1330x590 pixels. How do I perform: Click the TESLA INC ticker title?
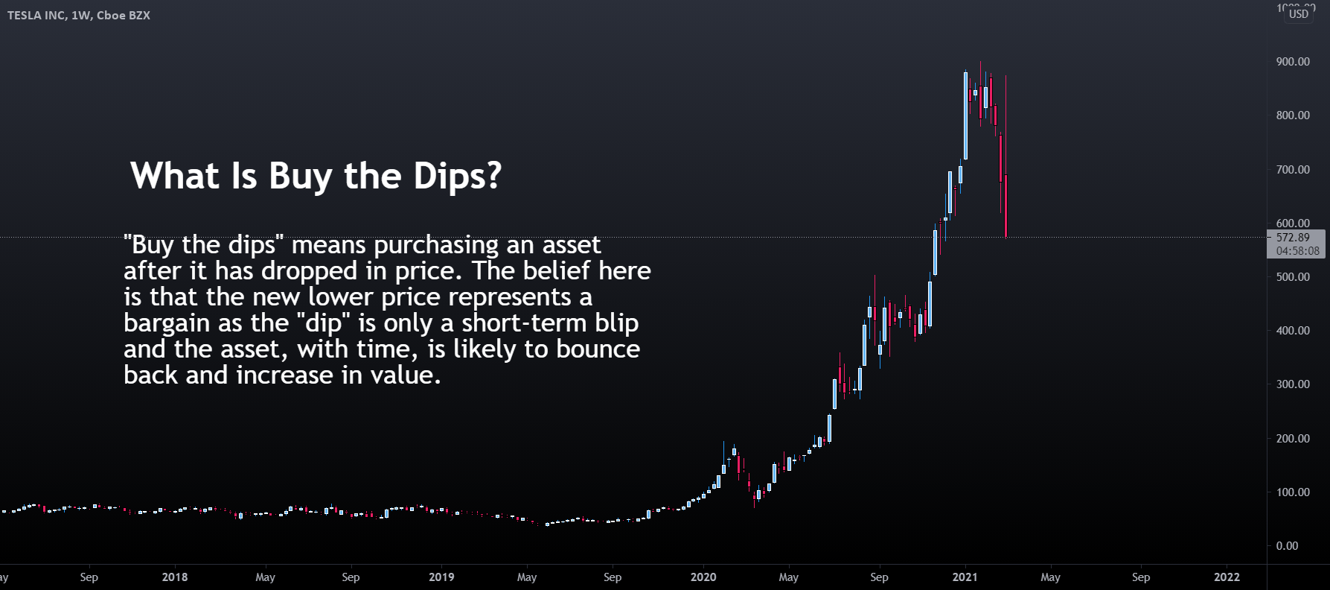79,15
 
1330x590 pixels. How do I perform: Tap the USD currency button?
1298,14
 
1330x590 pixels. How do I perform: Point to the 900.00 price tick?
1293,62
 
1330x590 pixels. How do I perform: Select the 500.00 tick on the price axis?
1293,277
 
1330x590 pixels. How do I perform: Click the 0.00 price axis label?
1287,546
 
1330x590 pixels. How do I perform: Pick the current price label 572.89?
1293,238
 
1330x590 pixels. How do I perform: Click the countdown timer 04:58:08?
1297,251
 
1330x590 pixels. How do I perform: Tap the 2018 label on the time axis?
175,577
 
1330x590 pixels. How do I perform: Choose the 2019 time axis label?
441,577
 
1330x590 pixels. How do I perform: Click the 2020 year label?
703,577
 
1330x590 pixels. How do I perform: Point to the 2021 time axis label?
965,577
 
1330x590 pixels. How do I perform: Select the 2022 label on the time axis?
1227,577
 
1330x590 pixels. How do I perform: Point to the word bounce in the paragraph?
598,349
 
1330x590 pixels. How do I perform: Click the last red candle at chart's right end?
1006,206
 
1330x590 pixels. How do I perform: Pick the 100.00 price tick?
1293,492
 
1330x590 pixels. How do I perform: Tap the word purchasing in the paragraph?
436,245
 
